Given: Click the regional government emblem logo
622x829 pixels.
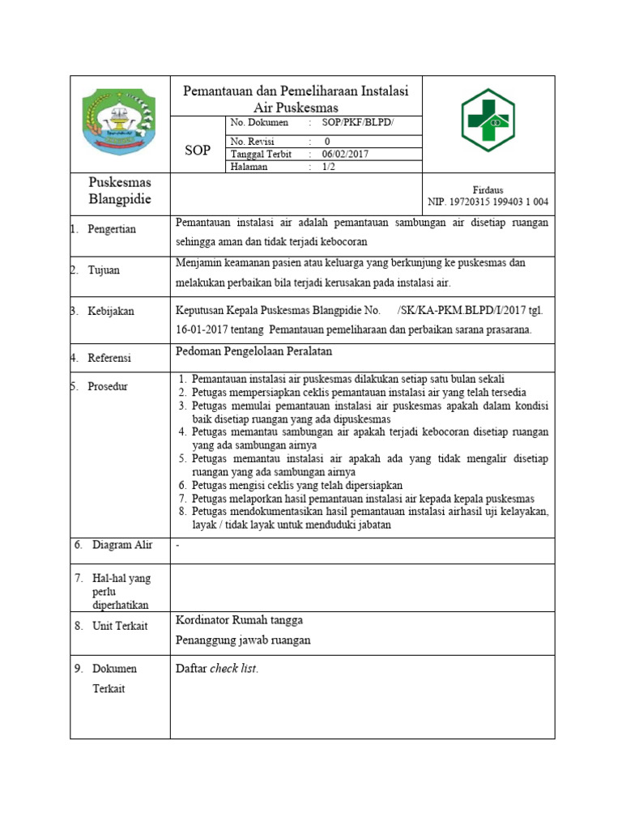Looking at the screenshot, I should coord(119,122).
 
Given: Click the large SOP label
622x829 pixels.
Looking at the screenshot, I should coord(198,151).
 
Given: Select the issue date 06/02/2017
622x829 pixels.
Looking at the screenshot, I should coord(344,154).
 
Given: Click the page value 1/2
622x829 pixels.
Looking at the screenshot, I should coord(328,167).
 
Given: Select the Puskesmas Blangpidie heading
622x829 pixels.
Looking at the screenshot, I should coord(120,191).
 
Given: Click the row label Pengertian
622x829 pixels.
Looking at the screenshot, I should coord(113,229).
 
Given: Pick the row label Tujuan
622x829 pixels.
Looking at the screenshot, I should coord(104,270).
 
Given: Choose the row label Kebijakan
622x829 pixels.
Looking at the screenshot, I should coord(111,311).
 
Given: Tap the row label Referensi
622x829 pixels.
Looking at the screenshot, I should coord(109,357).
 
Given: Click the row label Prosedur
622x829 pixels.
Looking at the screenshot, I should coord(108,386).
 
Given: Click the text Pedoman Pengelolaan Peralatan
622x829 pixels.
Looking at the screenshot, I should coord(254,351).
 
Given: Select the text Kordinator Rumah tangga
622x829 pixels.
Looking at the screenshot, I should coord(239,620).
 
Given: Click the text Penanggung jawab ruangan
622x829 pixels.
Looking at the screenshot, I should coord(243,640).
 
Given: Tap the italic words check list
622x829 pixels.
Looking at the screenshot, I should coord(233,669).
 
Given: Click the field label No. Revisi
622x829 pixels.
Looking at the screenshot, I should coord(253,141).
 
